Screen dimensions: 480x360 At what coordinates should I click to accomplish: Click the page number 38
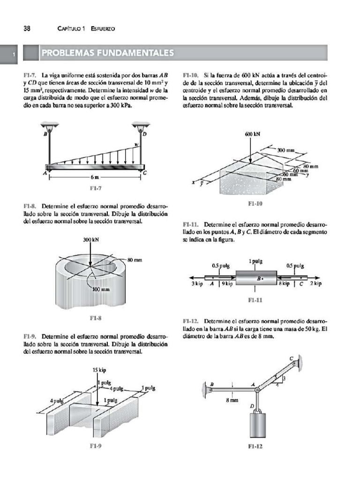click(27, 29)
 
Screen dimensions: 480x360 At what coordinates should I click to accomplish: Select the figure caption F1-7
click(95, 189)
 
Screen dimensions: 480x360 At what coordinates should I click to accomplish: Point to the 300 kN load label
click(91, 240)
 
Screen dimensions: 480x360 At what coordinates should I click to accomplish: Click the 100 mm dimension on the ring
click(100, 289)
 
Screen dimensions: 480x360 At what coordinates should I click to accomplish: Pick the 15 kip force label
click(99, 370)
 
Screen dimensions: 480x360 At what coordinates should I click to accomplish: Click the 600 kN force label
click(252, 134)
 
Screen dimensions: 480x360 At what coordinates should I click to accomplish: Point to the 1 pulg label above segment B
click(255, 262)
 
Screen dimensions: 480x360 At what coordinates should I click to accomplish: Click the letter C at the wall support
click(291, 359)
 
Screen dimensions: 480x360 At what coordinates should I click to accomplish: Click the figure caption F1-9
click(95, 447)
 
